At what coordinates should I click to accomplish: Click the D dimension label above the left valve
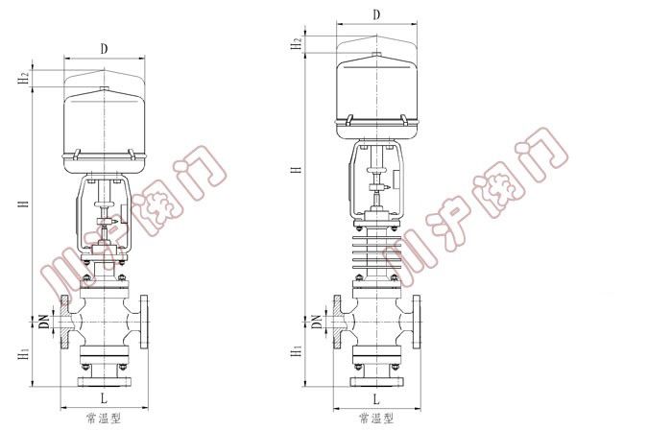click(x=104, y=49)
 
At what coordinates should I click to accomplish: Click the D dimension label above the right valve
click(x=376, y=15)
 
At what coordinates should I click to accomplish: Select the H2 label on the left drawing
click(x=24, y=79)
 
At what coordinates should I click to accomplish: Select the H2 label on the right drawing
click(x=297, y=44)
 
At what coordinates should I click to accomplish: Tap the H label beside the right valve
click(x=297, y=169)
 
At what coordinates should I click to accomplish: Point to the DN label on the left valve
click(x=44, y=322)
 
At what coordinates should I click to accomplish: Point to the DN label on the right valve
click(x=317, y=322)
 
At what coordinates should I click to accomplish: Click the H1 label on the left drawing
click(x=24, y=354)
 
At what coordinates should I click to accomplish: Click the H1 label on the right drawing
click(x=297, y=351)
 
